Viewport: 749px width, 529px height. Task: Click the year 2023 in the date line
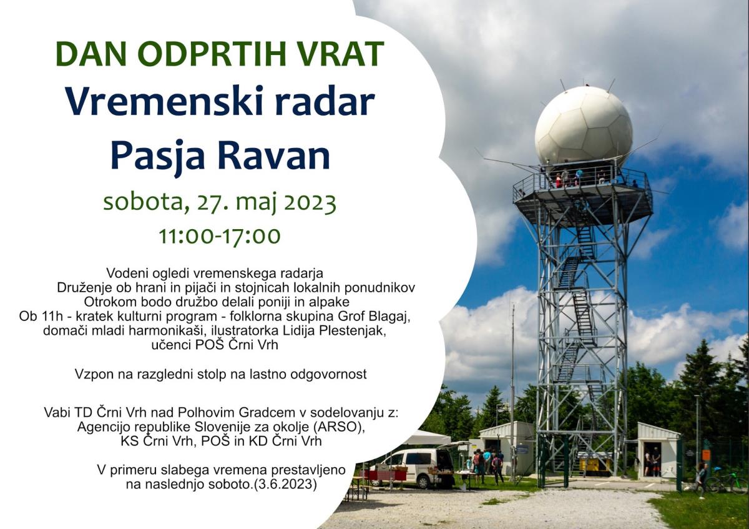pyautogui.click(x=310, y=202)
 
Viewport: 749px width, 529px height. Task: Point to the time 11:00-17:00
pyautogui.click(x=220, y=236)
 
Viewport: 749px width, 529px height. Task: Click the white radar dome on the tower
pyautogui.click(x=584, y=126)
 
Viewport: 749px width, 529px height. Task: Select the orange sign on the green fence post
pyautogui.click(x=706, y=455)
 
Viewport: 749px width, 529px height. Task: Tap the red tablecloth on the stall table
pyautogui.click(x=385, y=475)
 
